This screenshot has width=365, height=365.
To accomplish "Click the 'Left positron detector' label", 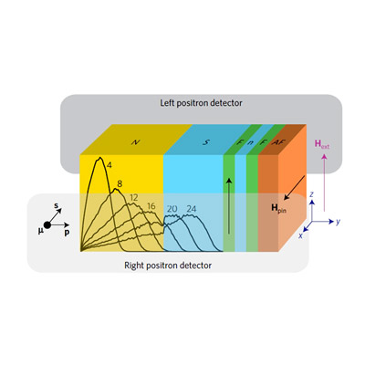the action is pyautogui.click(x=201, y=103).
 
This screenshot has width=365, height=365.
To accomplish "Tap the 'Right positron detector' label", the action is pyautogui.click(x=168, y=266).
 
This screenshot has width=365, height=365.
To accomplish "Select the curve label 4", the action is pyautogui.click(x=109, y=165).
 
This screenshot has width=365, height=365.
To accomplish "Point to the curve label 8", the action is pyautogui.click(x=120, y=183).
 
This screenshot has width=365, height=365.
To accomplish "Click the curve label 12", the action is pyautogui.click(x=134, y=198).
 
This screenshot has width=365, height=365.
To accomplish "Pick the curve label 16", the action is pyautogui.click(x=151, y=206).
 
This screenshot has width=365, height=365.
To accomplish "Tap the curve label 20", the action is pyautogui.click(x=172, y=209).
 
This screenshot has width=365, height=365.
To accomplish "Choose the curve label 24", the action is pyautogui.click(x=192, y=209).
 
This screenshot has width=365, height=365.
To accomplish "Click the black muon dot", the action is pyautogui.click(x=47, y=225).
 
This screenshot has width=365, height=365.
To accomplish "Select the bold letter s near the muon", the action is pyautogui.click(x=57, y=205).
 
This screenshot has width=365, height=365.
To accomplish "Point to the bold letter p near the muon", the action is pyautogui.click(x=67, y=233).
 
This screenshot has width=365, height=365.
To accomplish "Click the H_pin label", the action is pyautogui.click(x=278, y=209).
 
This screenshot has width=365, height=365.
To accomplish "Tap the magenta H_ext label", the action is pyautogui.click(x=322, y=144).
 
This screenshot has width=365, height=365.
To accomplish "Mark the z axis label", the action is pyautogui.click(x=311, y=194).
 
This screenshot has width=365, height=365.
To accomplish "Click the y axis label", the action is pyautogui.click(x=338, y=222).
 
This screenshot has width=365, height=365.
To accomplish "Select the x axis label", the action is pyautogui.click(x=300, y=235).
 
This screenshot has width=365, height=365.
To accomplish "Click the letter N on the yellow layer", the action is pyautogui.click(x=135, y=142).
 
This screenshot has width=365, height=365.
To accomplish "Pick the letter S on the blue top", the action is pyautogui.click(x=206, y=142).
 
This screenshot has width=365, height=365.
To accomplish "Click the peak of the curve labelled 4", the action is pyautogui.click(x=99, y=158).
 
